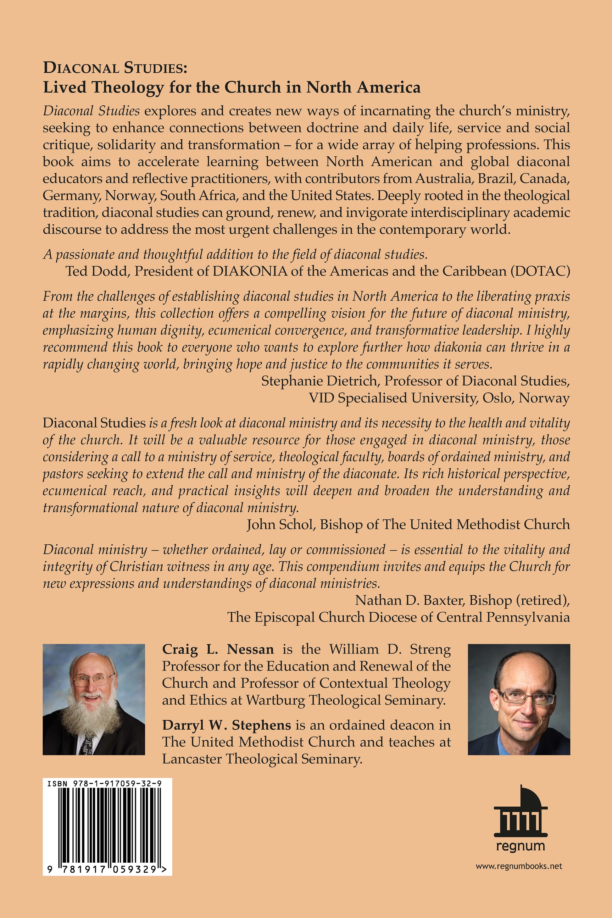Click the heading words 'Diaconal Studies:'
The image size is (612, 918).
pos(115,68)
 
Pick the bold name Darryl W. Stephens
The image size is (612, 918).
pos(226,725)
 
